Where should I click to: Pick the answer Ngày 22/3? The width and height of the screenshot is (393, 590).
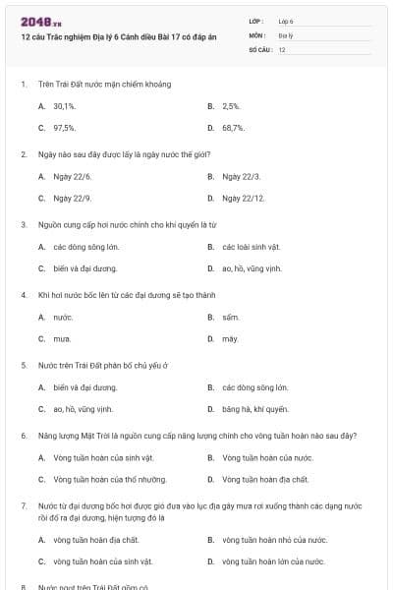coord(241,176)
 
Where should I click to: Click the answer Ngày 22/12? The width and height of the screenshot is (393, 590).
coord(243,198)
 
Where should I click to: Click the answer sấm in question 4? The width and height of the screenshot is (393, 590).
coord(230,317)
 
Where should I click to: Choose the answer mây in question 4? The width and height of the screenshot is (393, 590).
coord(230,338)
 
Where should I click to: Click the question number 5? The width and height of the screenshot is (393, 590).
coord(24,365)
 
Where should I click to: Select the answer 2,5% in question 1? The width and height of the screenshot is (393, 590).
coord(231,105)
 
